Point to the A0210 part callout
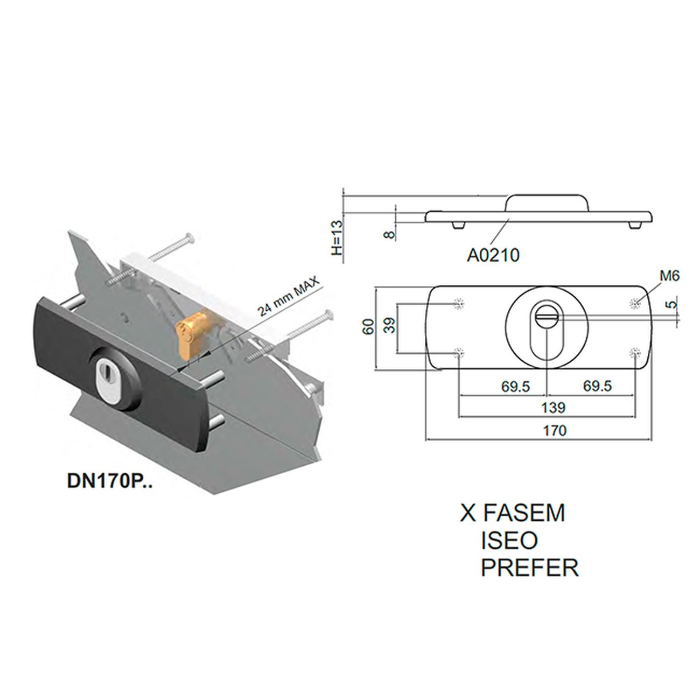click(493, 255)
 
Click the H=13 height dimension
click(338, 237)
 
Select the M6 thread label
click(669, 276)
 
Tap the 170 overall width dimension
click(555, 430)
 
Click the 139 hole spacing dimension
click(554, 408)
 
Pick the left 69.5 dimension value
click(516, 386)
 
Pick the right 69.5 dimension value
click(598, 386)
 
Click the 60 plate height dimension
click(368, 326)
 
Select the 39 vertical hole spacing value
click(390, 326)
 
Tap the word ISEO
click(509, 540)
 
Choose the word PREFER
click(530, 568)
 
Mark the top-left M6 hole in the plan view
click(459, 303)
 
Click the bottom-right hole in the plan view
click(635, 352)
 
